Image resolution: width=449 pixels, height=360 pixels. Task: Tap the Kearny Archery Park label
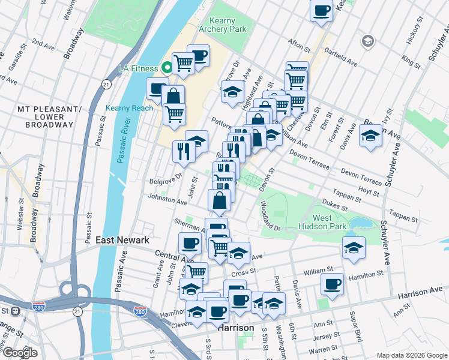click(x=221, y=25)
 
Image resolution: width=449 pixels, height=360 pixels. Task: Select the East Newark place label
click(x=122, y=240)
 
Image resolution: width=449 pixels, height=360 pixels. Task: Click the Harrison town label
click(x=235, y=328)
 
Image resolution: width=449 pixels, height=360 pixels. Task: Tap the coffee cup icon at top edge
click(x=321, y=10)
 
